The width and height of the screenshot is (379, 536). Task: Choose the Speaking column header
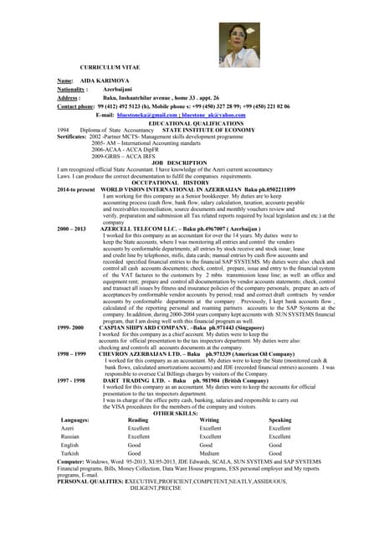click(280, 420)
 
